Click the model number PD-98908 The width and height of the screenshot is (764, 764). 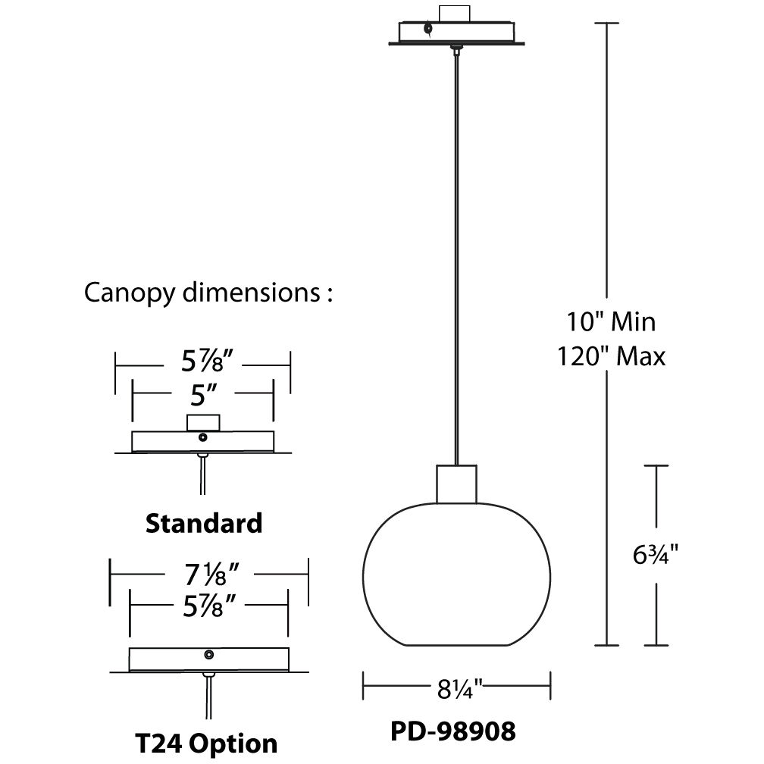(453, 731)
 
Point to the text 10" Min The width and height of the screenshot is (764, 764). (611, 321)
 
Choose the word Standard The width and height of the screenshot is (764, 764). (203, 522)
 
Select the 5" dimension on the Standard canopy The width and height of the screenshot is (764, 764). (204, 393)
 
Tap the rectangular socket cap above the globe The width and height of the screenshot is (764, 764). (457, 483)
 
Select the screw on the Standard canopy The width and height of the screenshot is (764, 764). (202, 437)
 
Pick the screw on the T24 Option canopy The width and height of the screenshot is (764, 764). (209, 654)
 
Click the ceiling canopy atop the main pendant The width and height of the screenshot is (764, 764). (456, 33)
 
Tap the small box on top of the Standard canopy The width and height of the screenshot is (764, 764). (203, 422)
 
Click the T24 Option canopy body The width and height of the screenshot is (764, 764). (174, 659)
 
